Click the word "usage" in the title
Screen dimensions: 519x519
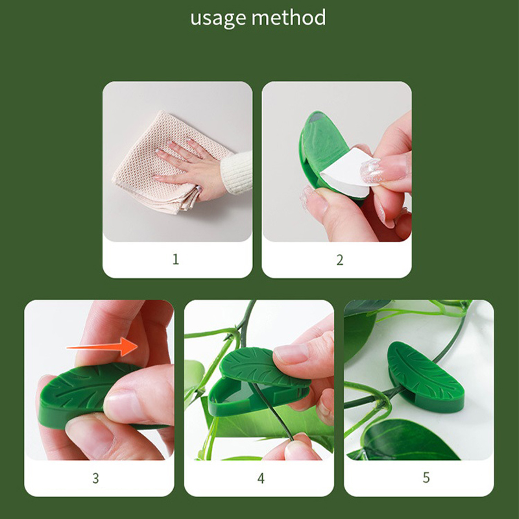click(219, 19)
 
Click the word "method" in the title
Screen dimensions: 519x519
click(289, 18)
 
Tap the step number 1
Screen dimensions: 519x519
click(176, 259)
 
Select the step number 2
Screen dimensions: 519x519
click(339, 260)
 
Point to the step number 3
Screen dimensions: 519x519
click(95, 478)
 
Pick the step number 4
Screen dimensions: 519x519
click(261, 478)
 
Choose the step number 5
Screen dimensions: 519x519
click(426, 477)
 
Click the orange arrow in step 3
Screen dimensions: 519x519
click(103, 347)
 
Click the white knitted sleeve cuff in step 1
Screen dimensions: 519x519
click(236, 173)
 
